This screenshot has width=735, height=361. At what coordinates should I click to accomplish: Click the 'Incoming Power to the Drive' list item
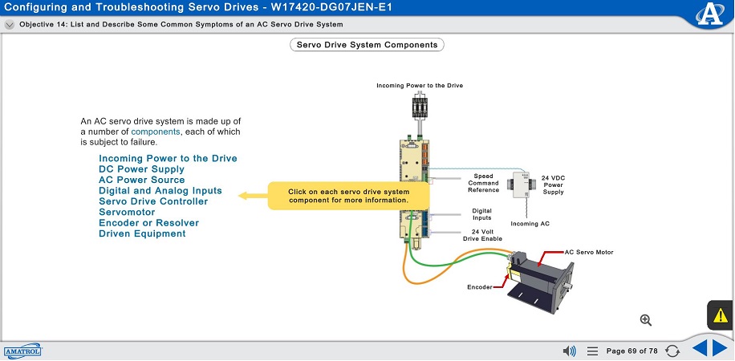(x=168, y=159)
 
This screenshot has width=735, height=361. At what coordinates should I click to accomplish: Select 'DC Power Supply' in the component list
(x=141, y=169)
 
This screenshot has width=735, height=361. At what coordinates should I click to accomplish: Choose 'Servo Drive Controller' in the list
(x=153, y=201)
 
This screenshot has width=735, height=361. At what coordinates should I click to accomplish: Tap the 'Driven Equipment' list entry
(x=142, y=233)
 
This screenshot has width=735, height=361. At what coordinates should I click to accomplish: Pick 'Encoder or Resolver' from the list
(x=148, y=223)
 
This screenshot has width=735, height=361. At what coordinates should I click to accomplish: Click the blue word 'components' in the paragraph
(x=156, y=132)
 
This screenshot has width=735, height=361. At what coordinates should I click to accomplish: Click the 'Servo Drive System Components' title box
(x=367, y=45)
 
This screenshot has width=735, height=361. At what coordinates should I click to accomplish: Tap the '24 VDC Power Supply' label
(x=553, y=185)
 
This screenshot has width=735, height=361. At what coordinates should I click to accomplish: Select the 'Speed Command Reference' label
(x=483, y=183)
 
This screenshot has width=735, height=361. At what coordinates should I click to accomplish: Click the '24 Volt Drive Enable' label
(x=481, y=236)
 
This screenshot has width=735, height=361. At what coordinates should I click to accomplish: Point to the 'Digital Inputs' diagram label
(x=482, y=214)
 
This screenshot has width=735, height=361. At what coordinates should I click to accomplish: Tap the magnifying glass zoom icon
(x=646, y=320)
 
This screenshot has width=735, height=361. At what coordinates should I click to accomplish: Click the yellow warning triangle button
(x=720, y=314)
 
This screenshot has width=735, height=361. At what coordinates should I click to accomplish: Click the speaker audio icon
(x=570, y=351)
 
